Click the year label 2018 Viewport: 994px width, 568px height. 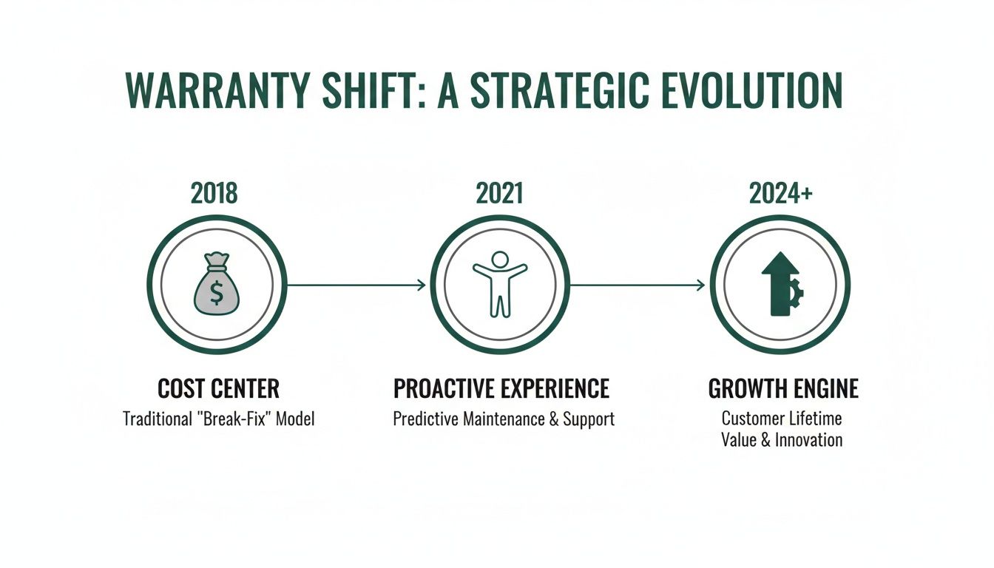click(214, 193)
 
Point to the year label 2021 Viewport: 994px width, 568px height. click(499, 193)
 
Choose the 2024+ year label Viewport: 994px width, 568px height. click(781, 193)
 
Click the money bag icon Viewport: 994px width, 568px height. click(216, 285)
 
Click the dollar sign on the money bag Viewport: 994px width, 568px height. click(216, 293)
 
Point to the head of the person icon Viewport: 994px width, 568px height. click(500, 260)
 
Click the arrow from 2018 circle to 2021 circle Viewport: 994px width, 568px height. click(355, 285)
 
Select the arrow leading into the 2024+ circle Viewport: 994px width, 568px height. click(638, 285)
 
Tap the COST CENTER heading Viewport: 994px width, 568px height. click(219, 389)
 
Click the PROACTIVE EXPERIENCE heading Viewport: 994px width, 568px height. click(501, 389)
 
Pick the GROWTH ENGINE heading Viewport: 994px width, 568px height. click(783, 389)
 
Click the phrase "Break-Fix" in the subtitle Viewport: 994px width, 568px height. click(236, 419)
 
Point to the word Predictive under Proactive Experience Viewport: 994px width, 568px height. click(426, 419)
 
